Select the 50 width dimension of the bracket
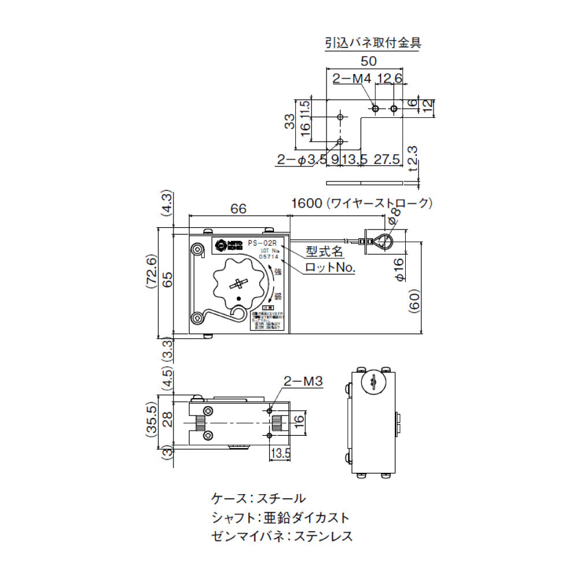tap(369, 61)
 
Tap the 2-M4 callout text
tap(351, 79)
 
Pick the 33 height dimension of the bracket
tap(290, 121)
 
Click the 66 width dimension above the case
tap(239, 209)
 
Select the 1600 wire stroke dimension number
tap(306, 203)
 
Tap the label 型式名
tap(325, 251)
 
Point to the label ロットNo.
tap(330, 267)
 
